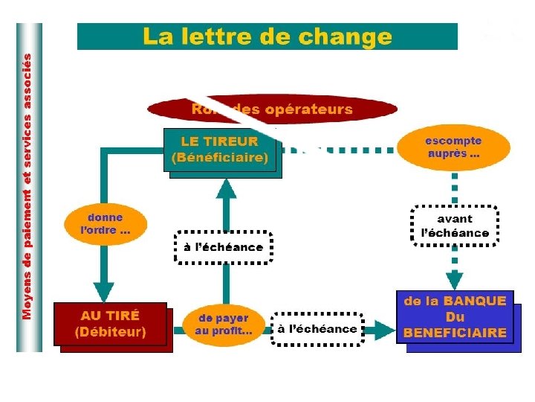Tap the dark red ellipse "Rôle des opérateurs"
tap(272, 110)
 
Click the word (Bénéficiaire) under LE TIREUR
tap(219, 158)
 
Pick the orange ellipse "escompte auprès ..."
tap(453, 147)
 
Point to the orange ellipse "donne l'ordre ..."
tap(104, 223)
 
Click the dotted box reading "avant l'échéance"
tap(455, 226)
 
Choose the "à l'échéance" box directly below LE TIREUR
tap(224, 247)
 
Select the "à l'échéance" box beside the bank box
tap(317, 328)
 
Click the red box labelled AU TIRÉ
tap(110, 323)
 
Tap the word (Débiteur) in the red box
tap(111, 331)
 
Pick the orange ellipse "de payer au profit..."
tap(223, 325)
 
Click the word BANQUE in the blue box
tap(475, 301)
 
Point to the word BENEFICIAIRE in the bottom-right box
tap(455, 333)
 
